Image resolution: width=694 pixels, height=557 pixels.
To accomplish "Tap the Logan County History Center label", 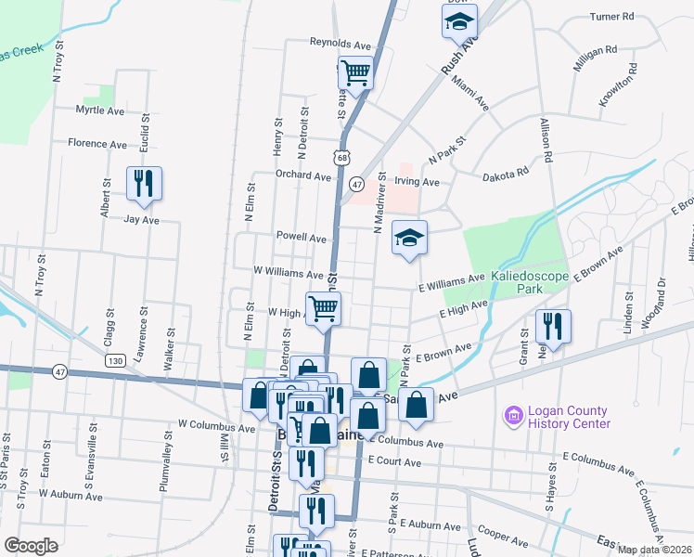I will tap(569, 417).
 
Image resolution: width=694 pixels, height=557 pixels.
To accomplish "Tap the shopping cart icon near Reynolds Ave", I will tap(355, 72).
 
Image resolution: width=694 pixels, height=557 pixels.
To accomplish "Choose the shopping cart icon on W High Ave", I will tap(323, 307).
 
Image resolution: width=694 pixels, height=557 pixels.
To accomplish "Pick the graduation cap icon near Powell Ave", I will tap(409, 239).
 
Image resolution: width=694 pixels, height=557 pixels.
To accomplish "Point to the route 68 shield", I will tap(342, 159).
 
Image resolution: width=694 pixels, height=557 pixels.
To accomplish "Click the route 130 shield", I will tap(116, 360).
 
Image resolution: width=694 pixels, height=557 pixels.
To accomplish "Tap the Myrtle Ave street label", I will tap(100, 110).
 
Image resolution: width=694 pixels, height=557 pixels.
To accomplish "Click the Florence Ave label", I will tap(97, 144).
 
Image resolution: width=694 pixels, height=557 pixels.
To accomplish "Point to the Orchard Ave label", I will tap(302, 175).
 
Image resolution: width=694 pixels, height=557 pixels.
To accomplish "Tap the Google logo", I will tap(32, 545).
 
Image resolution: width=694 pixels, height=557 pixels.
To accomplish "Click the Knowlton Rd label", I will tap(616, 85).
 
